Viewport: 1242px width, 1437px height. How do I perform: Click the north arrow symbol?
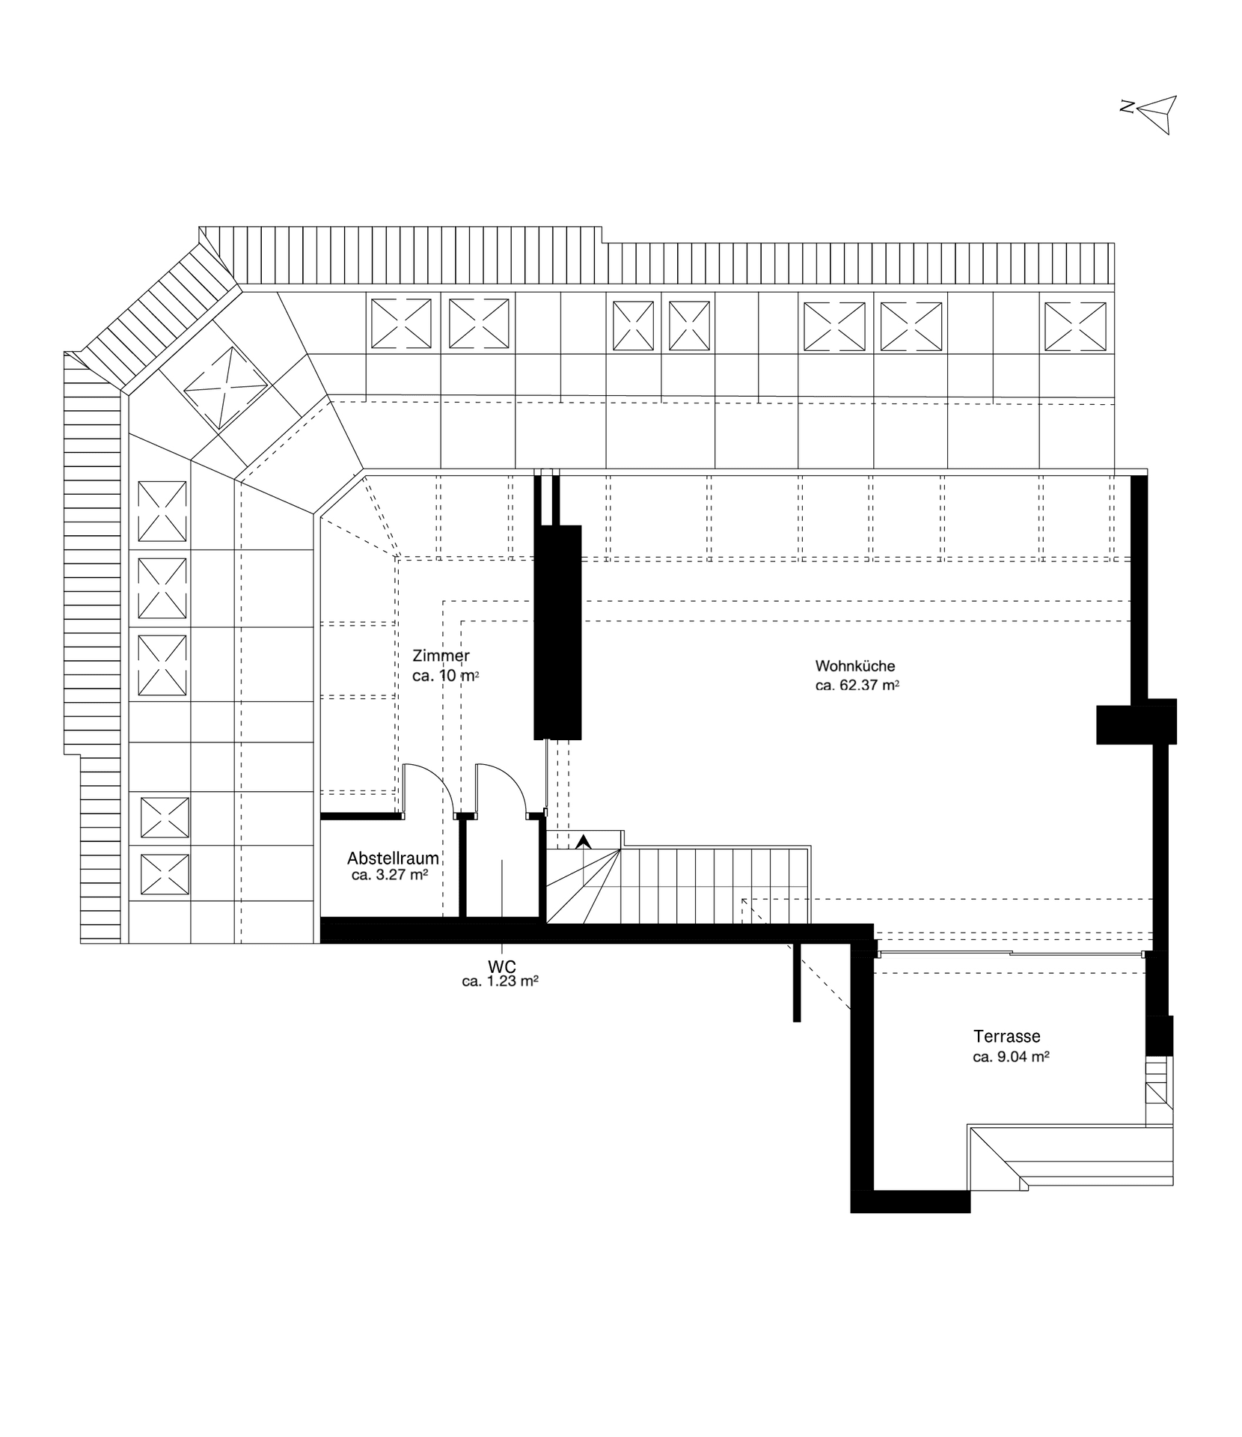pyautogui.click(x=1154, y=114)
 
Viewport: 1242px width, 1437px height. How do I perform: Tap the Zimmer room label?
pyautogui.click(x=441, y=656)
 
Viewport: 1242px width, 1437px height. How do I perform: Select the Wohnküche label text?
pyautogui.click(x=854, y=666)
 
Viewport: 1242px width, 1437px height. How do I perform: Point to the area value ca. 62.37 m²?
pyautogui.click(x=857, y=685)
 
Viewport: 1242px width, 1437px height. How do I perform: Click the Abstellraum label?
pyautogui.click(x=393, y=858)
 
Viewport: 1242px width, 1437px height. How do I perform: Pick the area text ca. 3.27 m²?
pyautogui.click(x=389, y=875)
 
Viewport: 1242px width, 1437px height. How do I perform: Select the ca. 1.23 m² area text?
pyautogui.click(x=501, y=981)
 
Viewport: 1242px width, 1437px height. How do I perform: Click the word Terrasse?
pyautogui.click(x=1006, y=1037)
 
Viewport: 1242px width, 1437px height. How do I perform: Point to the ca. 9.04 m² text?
pyautogui.click(x=1010, y=1057)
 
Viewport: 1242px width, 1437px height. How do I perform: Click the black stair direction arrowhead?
pyautogui.click(x=584, y=841)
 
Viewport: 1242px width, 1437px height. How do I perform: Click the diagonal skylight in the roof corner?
pyautogui.click(x=225, y=388)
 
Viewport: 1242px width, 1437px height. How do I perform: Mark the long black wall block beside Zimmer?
pyautogui.click(x=557, y=632)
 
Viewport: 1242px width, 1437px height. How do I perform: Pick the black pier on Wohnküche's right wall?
pyautogui.click(x=1136, y=721)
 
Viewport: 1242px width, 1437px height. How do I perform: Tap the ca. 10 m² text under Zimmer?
pyautogui.click(x=445, y=675)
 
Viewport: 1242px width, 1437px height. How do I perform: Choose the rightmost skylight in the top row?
pyautogui.click(x=1074, y=326)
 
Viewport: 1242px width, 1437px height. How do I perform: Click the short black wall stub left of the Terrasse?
pyautogui.click(x=797, y=981)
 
